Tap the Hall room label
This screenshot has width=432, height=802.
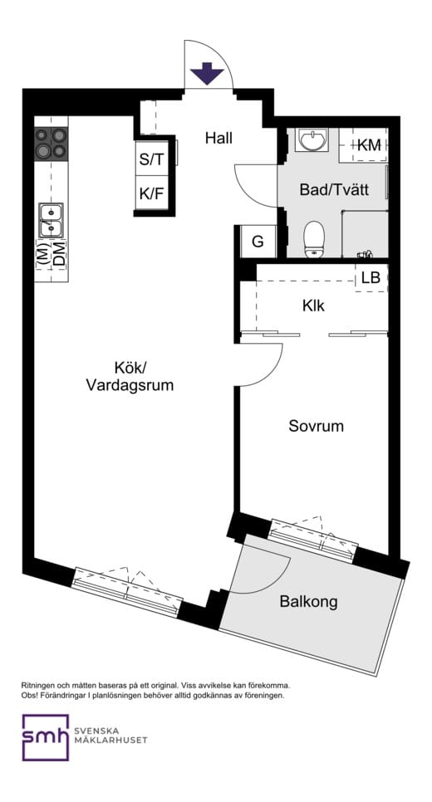tap(219, 138)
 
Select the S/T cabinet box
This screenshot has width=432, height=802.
tap(151, 160)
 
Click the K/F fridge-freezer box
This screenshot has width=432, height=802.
tap(151, 196)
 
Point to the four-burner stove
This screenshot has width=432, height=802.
tap(51, 143)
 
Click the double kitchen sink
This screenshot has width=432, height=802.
tap(51, 221)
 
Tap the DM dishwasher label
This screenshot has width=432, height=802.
tap(58, 254)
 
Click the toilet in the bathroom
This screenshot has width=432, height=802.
tap(314, 238)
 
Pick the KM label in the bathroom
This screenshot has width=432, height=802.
tap(369, 145)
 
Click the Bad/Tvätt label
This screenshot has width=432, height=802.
tap(333, 190)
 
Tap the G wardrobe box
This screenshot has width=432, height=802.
tap(258, 242)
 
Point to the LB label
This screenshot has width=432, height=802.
tap(371, 278)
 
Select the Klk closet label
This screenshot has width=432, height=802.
tap(313, 306)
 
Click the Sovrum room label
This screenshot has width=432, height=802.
tap(316, 426)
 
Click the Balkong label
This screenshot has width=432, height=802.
tap(308, 601)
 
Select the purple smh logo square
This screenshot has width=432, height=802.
tap(46, 736)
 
